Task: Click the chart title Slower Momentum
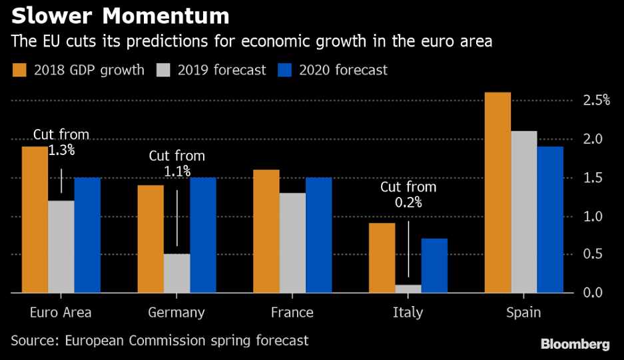tap(121, 15)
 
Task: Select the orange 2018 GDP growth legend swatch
tap(19, 69)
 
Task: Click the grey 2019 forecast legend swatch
tap(164, 69)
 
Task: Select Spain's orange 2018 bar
tap(497, 192)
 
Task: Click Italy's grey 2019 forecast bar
tap(408, 289)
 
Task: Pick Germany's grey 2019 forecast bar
tap(177, 273)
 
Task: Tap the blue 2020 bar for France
tap(318, 235)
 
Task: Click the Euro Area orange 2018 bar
tap(35, 219)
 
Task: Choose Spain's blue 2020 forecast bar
tap(549, 220)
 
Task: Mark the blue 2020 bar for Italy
tap(434, 266)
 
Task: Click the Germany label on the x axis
tap(177, 313)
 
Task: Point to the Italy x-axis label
tap(408, 313)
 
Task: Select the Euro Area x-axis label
tap(61, 313)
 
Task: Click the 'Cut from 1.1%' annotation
tap(177, 164)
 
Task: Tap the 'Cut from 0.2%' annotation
tap(408, 195)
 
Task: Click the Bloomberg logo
tap(575, 344)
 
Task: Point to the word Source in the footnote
tap(33, 341)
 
